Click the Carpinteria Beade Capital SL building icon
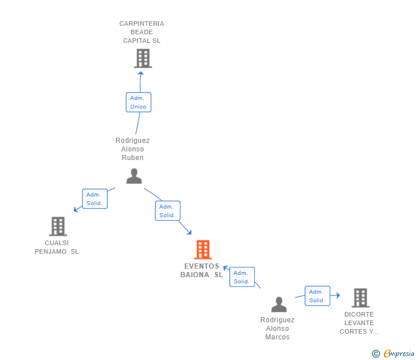click(x=142, y=58)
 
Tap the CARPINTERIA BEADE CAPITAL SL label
click(x=142, y=32)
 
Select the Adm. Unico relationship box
click(x=138, y=102)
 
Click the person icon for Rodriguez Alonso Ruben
click(x=134, y=176)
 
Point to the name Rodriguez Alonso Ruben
click(x=133, y=149)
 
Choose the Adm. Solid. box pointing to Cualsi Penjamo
click(x=94, y=199)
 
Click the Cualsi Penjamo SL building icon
click(x=58, y=226)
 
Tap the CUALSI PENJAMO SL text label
click(x=57, y=247)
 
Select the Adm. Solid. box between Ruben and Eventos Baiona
click(x=167, y=211)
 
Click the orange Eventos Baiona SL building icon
click(x=203, y=250)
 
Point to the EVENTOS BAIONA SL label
click(x=202, y=270)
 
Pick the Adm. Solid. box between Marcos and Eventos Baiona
click(x=242, y=277)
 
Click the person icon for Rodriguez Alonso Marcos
click(x=279, y=304)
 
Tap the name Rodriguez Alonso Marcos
click(x=278, y=329)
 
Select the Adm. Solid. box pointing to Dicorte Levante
click(x=317, y=296)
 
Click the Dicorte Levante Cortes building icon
click(x=360, y=298)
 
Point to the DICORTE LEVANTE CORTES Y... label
click(x=359, y=323)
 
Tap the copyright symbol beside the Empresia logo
click(x=376, y=354)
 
